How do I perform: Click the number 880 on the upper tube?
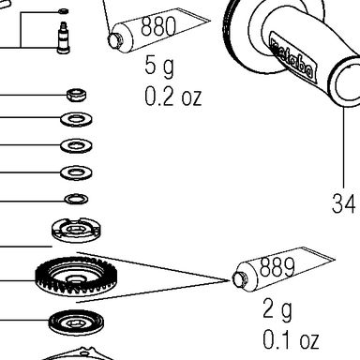click(157, 26)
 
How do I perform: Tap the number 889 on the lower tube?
click(277, 267)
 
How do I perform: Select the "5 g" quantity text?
click(159, 67)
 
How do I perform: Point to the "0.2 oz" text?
click(172, 97)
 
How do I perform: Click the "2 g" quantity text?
click(277, 309)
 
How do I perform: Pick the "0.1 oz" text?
click(291, 339)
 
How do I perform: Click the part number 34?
click(343, 203)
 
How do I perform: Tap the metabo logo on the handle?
click(291, 58)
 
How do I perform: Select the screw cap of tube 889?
click(239, 278)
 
